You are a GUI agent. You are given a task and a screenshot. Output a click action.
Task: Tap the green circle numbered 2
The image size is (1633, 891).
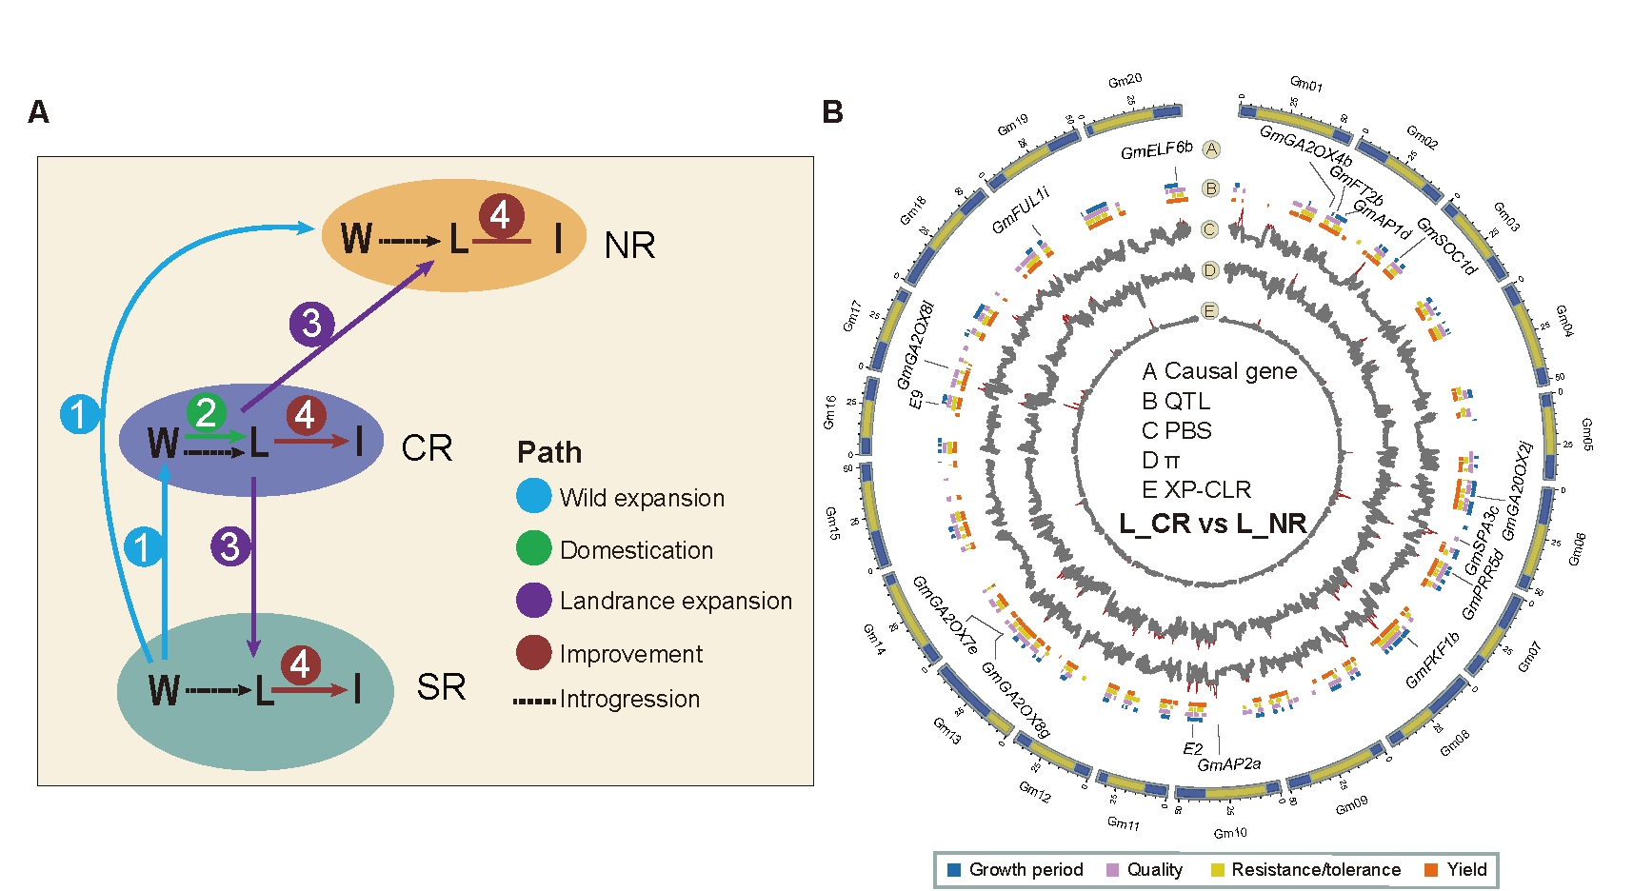click(206, 413)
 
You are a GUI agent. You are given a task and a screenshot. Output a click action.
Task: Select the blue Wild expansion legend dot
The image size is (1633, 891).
click(533, 496)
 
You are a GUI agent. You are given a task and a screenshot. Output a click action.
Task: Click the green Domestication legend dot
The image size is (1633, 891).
click(533, 548)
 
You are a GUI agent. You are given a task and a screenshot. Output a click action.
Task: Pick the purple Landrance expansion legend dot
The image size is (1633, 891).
click(533, 601)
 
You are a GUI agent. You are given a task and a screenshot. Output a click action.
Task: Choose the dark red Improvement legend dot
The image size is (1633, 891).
click(533, 653)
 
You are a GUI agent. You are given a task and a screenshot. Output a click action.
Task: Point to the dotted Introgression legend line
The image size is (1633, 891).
click(534, 701)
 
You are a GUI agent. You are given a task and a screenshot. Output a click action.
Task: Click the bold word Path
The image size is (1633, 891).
click(549, 452)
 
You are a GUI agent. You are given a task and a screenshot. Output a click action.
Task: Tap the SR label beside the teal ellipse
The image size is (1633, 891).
click(441, 687)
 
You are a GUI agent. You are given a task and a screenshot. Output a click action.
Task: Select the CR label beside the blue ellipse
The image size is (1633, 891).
click(427, 448)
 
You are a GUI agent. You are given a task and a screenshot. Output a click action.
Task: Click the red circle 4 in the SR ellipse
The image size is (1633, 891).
click(300, 664)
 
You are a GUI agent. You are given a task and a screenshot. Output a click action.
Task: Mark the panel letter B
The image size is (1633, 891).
click(832, 112)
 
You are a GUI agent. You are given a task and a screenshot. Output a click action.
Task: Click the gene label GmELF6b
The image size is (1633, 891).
click(1156, 149)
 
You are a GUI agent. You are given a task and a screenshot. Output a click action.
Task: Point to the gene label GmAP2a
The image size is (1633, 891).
click(1228, 763)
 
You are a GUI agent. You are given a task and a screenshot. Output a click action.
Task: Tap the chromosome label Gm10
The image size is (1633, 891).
click(1230, 833)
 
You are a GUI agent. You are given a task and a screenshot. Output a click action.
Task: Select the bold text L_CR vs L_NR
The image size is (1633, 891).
click(1212, 524)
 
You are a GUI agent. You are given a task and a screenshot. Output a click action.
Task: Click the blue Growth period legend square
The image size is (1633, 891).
click(954, 869)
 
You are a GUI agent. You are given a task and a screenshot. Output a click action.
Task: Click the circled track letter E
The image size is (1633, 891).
click(1209, 311)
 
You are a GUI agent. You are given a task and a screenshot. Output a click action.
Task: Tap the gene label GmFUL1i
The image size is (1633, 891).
click(1020, 210)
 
